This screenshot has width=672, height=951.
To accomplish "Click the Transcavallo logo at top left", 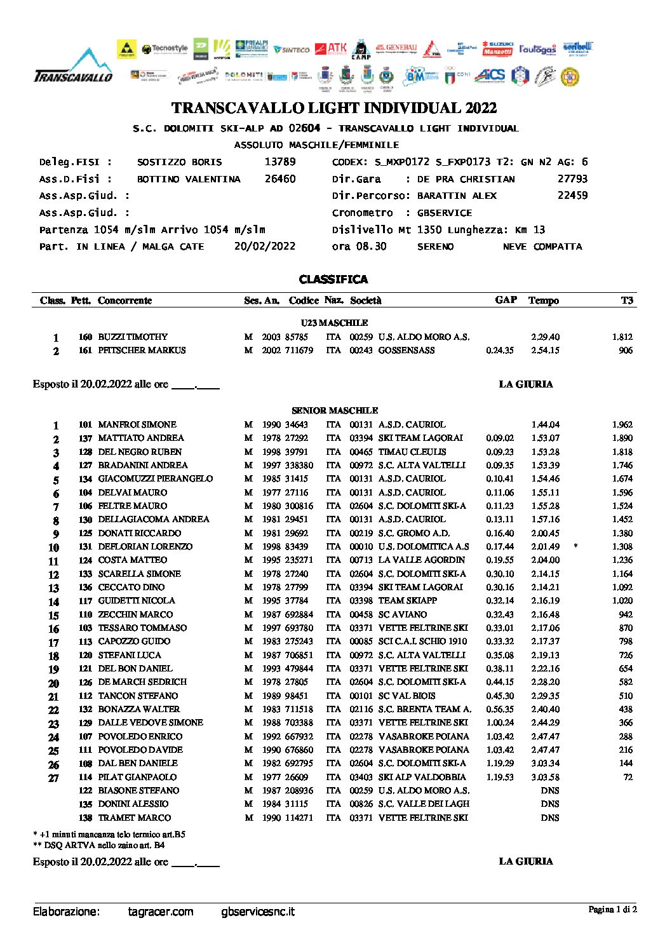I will coord(73,67).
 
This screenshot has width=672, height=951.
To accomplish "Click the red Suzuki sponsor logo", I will coord(497,48).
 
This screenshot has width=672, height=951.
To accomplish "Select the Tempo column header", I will coord(543,300).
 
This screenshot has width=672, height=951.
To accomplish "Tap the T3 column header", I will coord(627,300).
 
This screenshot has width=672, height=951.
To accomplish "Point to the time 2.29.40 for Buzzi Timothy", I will coord(545,337).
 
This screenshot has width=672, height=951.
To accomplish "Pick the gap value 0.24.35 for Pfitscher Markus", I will coord(500,350).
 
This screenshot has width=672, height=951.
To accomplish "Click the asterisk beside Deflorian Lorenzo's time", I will coord(575,546).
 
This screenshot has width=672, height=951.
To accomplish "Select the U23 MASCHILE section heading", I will coord(335,323).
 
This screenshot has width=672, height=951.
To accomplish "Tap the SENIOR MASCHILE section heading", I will coord(335,410).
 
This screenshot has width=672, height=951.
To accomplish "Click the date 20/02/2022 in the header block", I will coord(264,246).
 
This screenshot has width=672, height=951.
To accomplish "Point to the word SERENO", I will coord(435,246).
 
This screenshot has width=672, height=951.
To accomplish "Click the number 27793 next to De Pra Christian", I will coord(572,179).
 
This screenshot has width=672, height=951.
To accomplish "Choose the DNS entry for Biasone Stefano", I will coord(550,790).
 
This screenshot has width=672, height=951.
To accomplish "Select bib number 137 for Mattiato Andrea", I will coord(85,438).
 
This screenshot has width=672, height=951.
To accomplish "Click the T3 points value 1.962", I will coord(622,424).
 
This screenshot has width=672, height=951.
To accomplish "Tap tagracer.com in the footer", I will coord(160,912).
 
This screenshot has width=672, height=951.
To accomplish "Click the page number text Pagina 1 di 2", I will coord(612,910).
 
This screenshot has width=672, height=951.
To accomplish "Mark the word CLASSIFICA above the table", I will coord(333,280).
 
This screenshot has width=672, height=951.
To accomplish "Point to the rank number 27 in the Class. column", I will coord(53,778).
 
